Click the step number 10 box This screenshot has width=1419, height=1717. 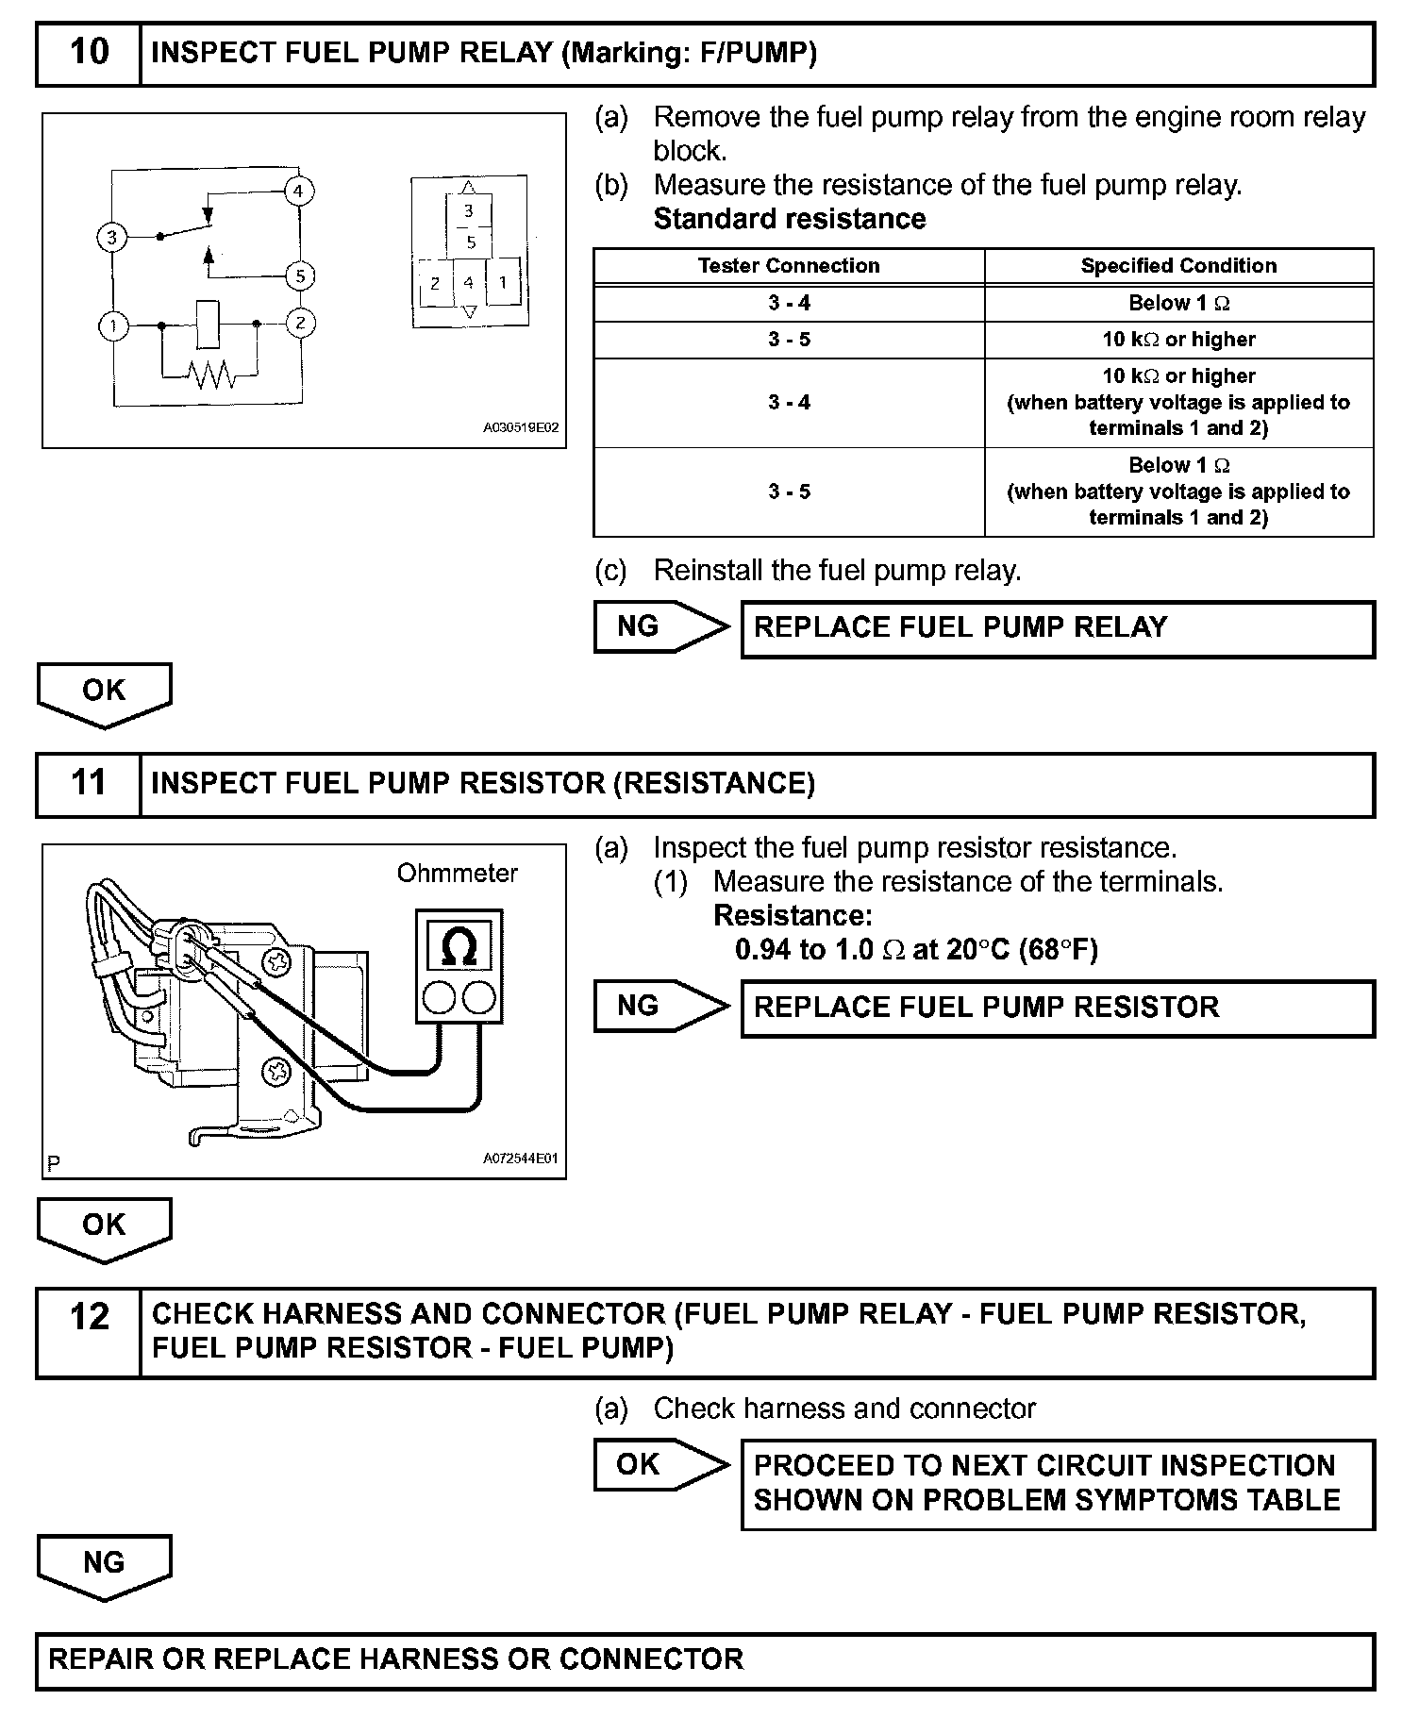[89, 53]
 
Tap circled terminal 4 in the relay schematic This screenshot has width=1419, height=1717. [298, 191]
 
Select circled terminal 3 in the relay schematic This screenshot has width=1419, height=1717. [111, 237]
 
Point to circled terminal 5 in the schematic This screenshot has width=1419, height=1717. [300, 276]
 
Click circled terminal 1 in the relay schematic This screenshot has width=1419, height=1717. [113, 326]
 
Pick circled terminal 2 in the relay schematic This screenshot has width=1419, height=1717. [300, 324]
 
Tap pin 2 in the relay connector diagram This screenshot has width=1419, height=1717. [435, 283]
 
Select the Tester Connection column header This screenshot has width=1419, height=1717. [789, 266]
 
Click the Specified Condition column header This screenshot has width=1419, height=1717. [1178, 266]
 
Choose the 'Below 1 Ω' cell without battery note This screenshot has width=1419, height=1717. [1178, 303]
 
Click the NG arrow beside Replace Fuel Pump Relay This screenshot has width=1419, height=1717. [660, 627]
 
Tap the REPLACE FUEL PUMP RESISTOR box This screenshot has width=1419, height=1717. [1057, 1009]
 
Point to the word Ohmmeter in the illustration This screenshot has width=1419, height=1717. [457, 874]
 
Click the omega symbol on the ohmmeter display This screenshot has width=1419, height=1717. [459, 945]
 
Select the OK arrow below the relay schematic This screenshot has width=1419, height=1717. [104, 694]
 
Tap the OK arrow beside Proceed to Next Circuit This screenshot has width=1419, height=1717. [660, 1465]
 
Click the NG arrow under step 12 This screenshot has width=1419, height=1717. [104, 1567]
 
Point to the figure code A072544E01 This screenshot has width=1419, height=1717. [521, 1159]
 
